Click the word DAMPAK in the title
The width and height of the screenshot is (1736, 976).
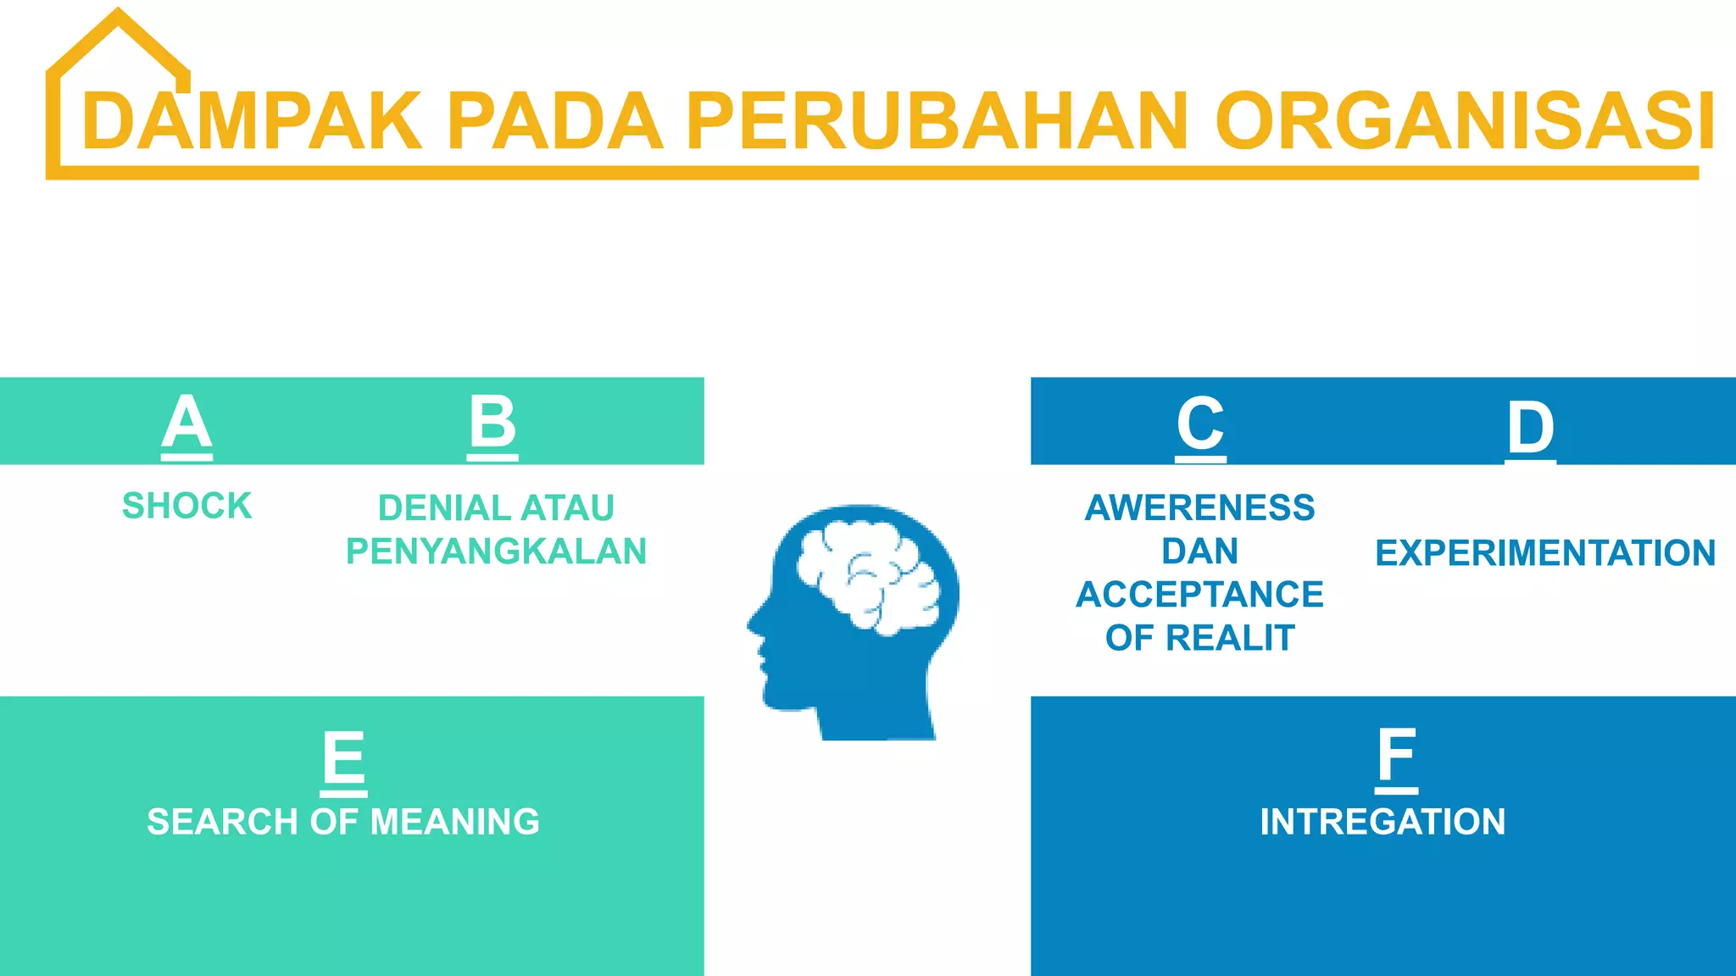point(251,123)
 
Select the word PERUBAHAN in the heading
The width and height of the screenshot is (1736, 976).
point(937,123)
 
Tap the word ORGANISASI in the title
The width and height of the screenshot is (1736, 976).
point(1465,123)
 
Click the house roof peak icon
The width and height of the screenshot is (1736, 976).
point(119,17)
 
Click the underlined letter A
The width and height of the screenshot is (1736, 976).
point(186,423)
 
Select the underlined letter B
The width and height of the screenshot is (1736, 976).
point(492,423)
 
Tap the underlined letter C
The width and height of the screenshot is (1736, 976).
point(1200,424)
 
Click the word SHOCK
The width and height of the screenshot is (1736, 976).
point(186,506)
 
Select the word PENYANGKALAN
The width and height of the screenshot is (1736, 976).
point(496,552)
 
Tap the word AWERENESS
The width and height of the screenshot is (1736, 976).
point(1199,507)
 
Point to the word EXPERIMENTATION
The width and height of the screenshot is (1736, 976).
point(1544,553)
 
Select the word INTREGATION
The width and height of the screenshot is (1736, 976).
point(1383,822)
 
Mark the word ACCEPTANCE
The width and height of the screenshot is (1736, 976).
point(1199,595)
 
